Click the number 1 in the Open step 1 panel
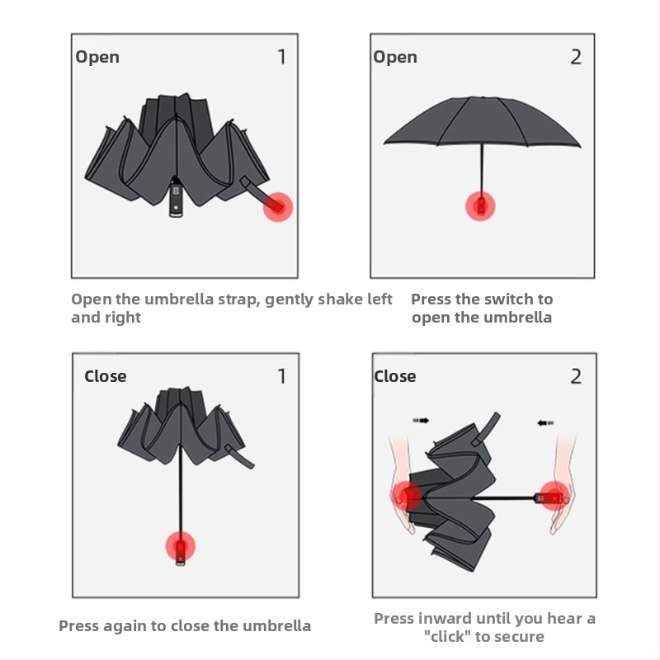(x=282, y=57)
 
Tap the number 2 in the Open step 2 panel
(x=576, y=57)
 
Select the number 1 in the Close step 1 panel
(x=282, y=376)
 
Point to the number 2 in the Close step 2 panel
(x=576, y=376)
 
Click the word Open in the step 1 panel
(x=97, y=57)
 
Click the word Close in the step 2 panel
(x=395, y=376)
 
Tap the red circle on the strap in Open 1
(x=278, y=207)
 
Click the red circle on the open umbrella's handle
(x=480, y=205)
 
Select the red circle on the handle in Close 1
(x=180, y=546)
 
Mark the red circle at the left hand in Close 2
(x=407, y=496)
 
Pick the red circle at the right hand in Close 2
(x=554, y=497)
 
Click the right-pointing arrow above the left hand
(x=421, y=420)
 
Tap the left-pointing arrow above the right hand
(x=545, y=422)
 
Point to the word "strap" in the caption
(x=237, y=299)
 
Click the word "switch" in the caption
(x=509, y=299)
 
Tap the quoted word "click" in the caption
(x=447, y=636)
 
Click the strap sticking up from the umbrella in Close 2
(x=486, y=429)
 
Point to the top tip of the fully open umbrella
(x=483, y=97)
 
